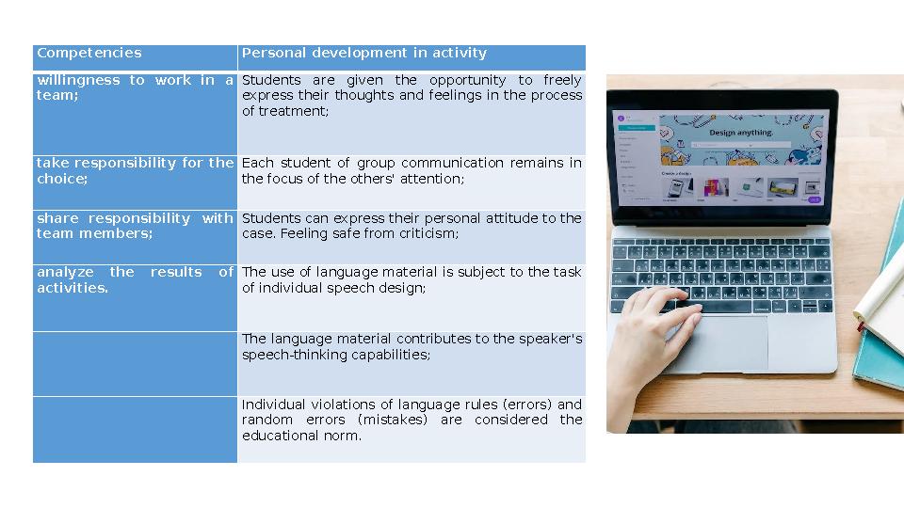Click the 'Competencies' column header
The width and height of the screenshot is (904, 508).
click(89, 53)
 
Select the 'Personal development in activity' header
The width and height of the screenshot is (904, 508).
click(364, 53)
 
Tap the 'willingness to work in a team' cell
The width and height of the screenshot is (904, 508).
click(135, 87)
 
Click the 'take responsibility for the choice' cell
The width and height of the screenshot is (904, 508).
click(135, 170)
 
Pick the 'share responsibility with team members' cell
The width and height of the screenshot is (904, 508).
click(135, 226)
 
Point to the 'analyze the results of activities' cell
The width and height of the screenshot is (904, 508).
click(135, 279)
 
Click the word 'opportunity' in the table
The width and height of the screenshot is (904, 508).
click(468, 80)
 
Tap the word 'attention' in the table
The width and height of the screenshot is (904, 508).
click(434, 179)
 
